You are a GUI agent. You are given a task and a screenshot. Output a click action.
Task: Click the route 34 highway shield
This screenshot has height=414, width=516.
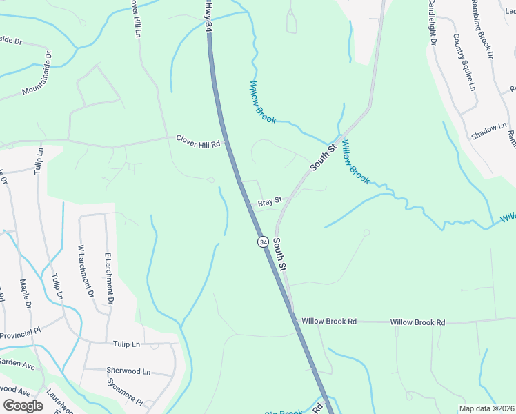click(x=263, y=241)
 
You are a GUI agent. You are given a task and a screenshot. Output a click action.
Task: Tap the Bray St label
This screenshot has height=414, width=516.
click(x=270, y=202)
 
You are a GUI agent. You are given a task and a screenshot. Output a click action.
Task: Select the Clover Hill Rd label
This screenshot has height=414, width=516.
click(x=198, y=141)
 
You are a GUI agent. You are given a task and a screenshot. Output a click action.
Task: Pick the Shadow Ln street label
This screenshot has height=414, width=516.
click(x=489, y=131)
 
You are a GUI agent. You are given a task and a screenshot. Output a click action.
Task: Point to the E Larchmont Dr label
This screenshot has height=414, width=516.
click(x=108, y=278)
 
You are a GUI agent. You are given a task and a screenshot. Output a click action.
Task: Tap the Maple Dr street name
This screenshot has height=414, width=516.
click(x=27, y=293)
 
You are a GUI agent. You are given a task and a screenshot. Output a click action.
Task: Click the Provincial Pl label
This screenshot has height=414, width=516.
click(x=21, y=334)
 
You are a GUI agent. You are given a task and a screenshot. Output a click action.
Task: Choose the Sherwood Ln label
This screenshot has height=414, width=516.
click(x=128, y=371)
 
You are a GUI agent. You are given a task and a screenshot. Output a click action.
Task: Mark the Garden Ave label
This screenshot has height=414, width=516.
click(x=17, y=363)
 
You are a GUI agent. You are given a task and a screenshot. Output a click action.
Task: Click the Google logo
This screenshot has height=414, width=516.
click(x=23, y=405)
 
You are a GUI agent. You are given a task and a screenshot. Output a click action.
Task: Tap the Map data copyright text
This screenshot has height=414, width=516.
click(x=487, y=408)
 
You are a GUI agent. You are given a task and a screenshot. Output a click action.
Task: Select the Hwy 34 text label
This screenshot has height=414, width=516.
click(x=207, y=15)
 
